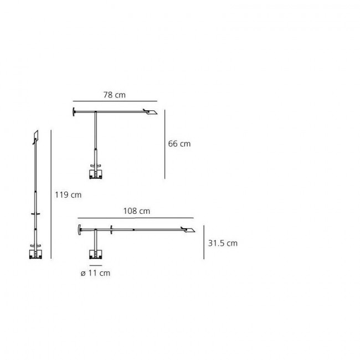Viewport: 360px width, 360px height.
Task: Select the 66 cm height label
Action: point(179,143)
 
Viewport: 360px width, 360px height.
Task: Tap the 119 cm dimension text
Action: point(68,194)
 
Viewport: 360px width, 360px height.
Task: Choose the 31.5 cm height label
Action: point(223,243)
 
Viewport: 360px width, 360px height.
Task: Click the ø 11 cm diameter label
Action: point(95,273)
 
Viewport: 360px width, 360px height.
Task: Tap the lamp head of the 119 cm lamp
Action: point(35,136)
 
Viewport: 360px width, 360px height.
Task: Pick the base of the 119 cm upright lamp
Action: point(36,254)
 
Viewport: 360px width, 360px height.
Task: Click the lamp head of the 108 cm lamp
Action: point(190,230)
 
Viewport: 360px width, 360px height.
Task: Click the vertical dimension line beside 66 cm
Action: point(164,144)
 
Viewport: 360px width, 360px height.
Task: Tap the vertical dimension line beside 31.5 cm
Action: point(205,242)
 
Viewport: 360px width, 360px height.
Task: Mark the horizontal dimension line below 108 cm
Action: point(136,218)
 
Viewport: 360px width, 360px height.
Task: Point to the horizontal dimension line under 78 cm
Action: point(115,101)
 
